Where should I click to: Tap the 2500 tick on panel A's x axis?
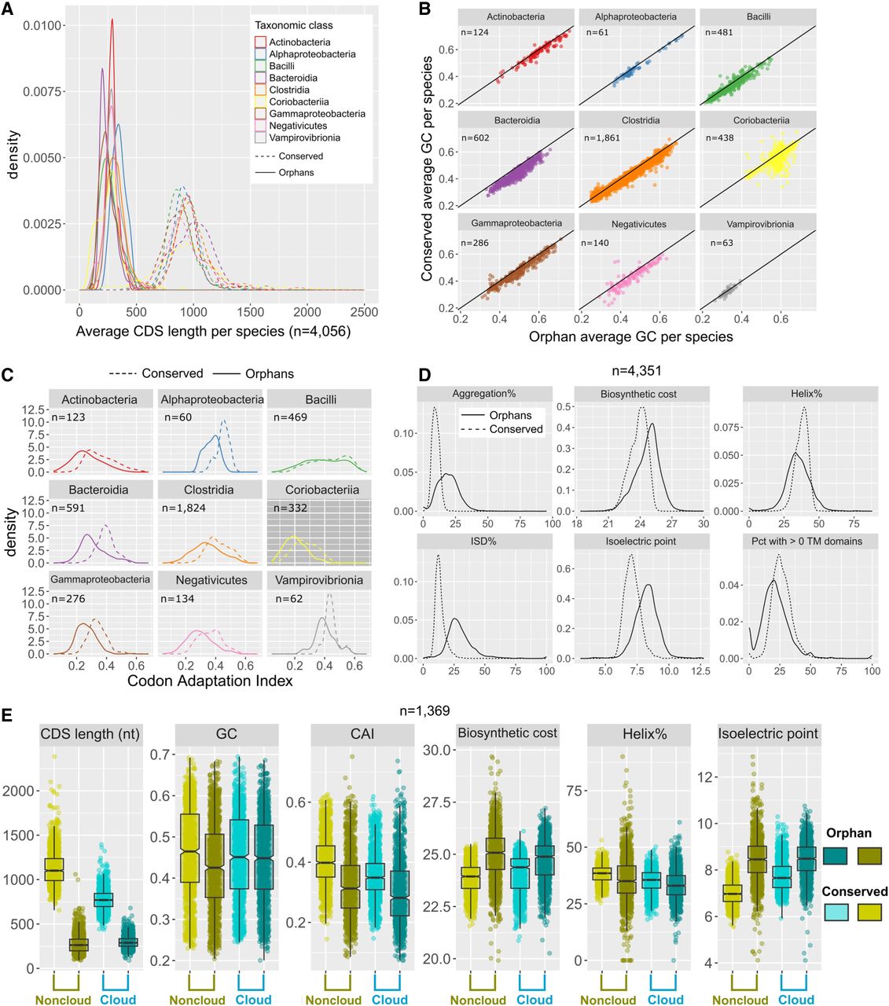(x=363, y=312)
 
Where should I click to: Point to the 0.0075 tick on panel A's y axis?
(x=43, y=92)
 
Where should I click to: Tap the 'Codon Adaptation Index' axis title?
(x=210, y=681)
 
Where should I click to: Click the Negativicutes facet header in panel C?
(x=211, y=580)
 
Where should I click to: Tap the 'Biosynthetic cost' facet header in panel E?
(x=508, y=733)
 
